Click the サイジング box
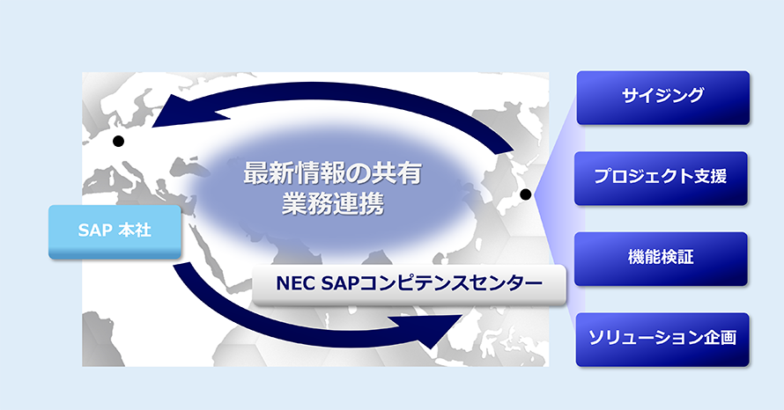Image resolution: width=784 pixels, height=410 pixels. pyautogui.click(x=663, y=98)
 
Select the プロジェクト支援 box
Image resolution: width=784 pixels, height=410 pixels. pyautogui.click(x=661, y=179)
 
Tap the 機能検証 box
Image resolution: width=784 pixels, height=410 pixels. pyautogui.click(x=661, y=259)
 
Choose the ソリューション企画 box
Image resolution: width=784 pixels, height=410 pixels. pyautogui.click(x=662, y=340)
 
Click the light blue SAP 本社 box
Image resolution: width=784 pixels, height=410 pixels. pyautogui.click(x=115, y=231)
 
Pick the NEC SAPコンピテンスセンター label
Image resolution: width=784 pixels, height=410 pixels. pyautogui.click(x=409, y=285)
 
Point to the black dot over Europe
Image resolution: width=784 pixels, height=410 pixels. pyautogui.click(x=119, y=142)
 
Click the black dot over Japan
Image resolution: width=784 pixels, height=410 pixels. pyautogui.click(x=526, y=194)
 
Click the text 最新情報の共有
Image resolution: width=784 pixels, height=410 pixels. pyautogui.click(x=332, y=173)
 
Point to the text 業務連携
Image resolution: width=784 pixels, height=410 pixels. pyautogui.click(x=332, y=204)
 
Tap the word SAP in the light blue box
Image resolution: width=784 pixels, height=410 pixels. pyautogui.click(x=94, y=231)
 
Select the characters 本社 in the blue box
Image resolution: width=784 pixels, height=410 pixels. pyautogui.click(x=135, y=231)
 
